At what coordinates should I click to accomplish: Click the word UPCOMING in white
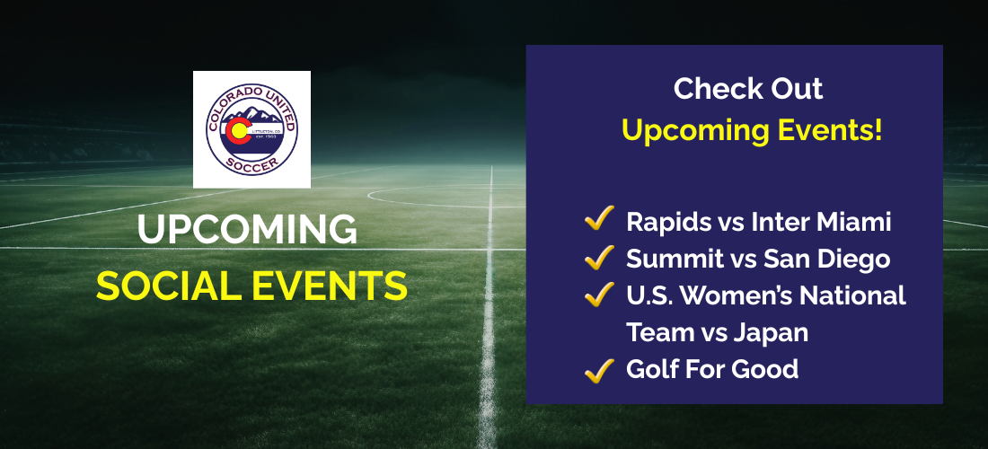(247, 230)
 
